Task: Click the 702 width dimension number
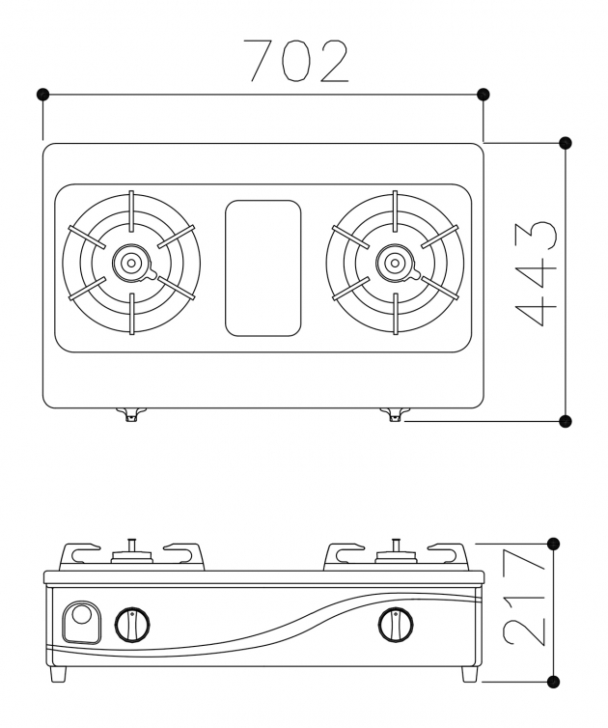click(x=295, y=61)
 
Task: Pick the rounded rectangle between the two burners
click(x=263, y=268)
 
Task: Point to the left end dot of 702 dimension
click(x=42, y=95)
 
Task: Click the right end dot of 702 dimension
click(x=484, y=95)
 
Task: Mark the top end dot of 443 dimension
click(x=566, y=143)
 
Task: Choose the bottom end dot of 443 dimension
click(x=566, y=420)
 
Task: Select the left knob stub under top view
click(x=130, y=414)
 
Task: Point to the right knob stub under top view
click(x=394, y=414)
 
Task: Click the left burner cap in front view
click(x=131, y=553)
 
